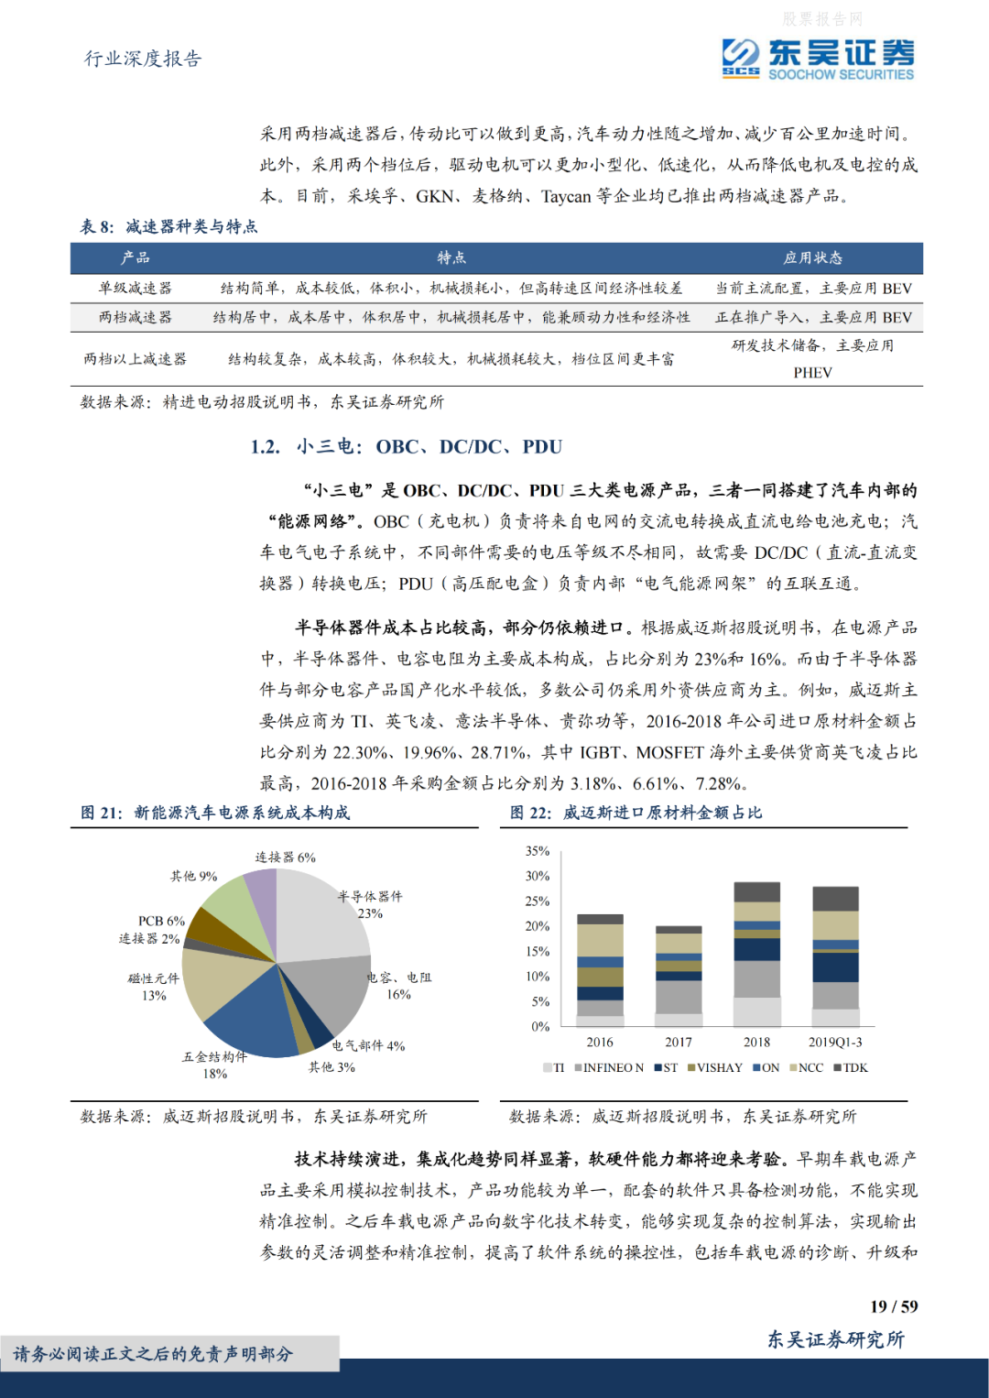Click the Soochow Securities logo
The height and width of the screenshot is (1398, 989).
tap(817, 59)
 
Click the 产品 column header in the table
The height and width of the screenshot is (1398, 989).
tap(135, 258)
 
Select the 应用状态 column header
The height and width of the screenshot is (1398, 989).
tap(812, 258)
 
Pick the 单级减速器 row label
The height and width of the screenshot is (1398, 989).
tap(135, 288)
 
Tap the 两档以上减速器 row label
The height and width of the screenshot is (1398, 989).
tap(135, 359)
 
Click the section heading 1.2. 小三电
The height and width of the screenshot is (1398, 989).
tap(407, 447)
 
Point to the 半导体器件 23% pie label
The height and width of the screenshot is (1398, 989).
tap(370, 904)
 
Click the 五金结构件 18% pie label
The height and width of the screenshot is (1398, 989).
tap(214, 1065)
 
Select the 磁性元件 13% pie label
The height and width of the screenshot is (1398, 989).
tap(154, 987)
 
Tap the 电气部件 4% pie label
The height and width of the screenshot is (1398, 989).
tap(368, 1045)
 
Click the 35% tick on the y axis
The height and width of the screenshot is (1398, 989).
tap(538, 851)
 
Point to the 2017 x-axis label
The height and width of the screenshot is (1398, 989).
tap(679, 1043)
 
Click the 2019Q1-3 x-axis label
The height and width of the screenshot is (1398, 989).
tap(835, 1043)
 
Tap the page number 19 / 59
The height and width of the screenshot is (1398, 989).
tap(894, 1306)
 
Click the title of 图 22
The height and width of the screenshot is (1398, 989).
tap(636, 813)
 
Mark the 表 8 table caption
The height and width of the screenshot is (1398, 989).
tap(168, 226)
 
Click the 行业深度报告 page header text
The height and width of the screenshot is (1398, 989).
tap(143, 59)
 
